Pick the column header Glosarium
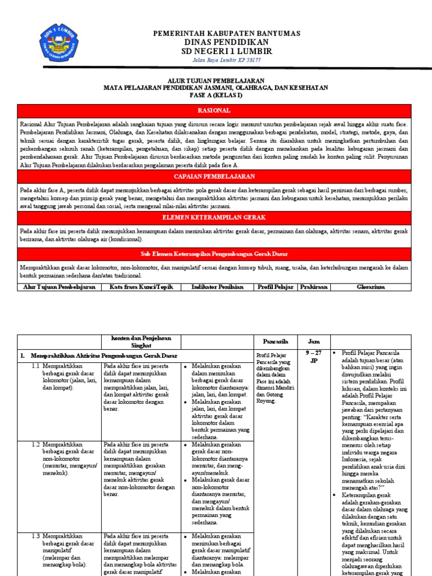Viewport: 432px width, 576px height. coord(371,287)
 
